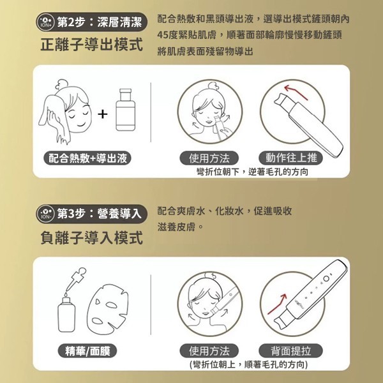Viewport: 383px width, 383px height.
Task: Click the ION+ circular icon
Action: pyautogui.click(x=45, y=22)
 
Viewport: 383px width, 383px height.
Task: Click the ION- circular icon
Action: pyautogui.click(x=45, y=214)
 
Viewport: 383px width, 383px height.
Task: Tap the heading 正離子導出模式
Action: pyautogui.click(x=91, y=45)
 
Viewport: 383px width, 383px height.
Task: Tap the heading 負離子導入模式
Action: pyautogui.click(x=91, y=237)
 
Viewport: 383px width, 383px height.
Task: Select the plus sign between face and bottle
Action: pyautogui.click(x=103, y=114)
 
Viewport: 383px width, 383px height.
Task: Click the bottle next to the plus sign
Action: pyautogui.click(x=126, y=110)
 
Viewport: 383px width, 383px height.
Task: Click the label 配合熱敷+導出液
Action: pyautogui.click(x=87, y=158)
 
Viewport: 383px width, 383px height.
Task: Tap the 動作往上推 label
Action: pyautogui.click(x=290, y=158)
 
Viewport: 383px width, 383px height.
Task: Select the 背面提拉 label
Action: pyautogui.click(x=290, y=350)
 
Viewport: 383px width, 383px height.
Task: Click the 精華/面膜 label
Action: pyautogui.click(x=87, y=350)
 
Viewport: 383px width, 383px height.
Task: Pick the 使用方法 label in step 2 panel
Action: pyautogui.click(x=209, y=158)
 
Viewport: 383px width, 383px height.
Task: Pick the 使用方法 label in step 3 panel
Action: pyautogui.click(x=209, y=350)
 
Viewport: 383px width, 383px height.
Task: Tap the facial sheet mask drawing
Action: pyautogui.click(x=107, y=309)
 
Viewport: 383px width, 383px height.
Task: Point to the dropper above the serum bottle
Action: pyautogui.click(x=76, y=278)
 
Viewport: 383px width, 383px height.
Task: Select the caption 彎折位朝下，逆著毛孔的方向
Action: pyautogui.click(x=252, y=172)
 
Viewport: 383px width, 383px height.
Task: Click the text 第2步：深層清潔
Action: pyautogui.click(x=99, y=22)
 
